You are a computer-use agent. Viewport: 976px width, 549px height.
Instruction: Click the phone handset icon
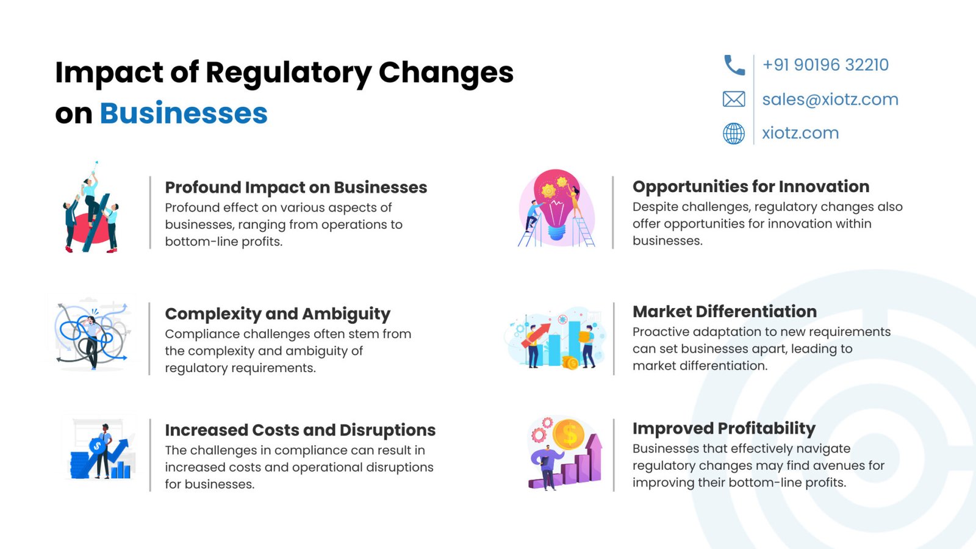click(x=734, y=65)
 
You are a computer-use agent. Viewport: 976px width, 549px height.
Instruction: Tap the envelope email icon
click(x=734, y=99)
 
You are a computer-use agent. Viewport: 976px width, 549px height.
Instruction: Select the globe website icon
click(x=734, y=134)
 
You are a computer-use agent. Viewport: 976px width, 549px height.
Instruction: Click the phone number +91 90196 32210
click(x=825, y=65)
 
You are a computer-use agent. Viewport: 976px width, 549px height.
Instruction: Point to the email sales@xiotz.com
click(x=830, y=99)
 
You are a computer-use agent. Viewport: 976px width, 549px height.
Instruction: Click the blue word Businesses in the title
click(x=184, y=113)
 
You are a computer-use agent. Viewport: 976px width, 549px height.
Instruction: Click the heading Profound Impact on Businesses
click(x=296, y=187)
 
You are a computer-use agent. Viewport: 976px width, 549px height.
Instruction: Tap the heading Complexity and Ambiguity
click(x=278, y=314)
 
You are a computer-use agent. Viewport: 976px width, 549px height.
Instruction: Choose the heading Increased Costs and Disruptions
click(x=300, y=430)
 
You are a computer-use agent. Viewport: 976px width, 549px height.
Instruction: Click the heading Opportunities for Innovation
click(x=751, y=187)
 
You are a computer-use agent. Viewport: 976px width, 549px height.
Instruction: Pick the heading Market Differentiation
click(x=725, y=312)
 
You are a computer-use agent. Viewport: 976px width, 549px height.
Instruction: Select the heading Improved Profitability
click(x=723, y=429)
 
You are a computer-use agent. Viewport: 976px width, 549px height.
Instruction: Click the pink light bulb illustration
click(x=556, y=203)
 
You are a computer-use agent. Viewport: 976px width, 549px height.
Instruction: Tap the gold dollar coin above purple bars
click(x=568, y=434)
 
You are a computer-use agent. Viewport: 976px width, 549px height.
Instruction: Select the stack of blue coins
click(x=80, y=465)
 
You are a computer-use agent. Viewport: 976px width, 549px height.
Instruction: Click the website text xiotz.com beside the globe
click(x=800, y=134)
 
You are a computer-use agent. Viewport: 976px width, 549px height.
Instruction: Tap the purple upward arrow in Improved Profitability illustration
click(x=594, y=457)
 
